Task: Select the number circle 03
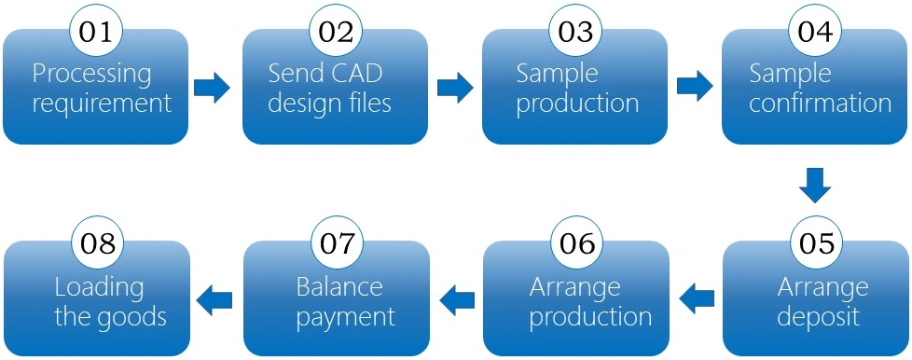575,32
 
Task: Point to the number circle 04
814,32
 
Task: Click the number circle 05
816,243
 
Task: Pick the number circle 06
576,243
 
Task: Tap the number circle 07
337,243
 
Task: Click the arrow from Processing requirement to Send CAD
212,89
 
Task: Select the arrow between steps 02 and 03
454,89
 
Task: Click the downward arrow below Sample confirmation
815,184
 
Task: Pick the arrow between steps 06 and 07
457,299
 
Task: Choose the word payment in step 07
345,315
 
